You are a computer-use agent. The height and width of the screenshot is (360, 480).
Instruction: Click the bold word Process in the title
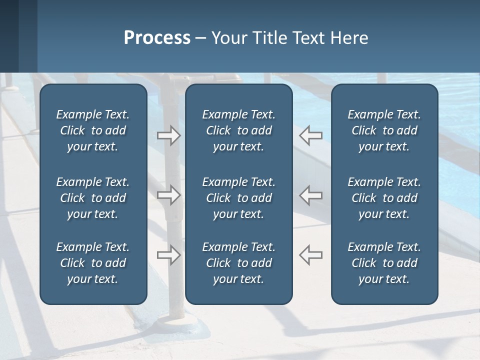157,38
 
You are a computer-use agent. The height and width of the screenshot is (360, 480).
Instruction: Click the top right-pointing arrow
168,135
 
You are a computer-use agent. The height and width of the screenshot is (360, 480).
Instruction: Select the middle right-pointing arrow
168,195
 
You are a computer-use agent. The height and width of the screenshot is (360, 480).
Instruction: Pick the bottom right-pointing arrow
168,254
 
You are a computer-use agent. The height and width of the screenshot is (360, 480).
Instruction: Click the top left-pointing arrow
311,135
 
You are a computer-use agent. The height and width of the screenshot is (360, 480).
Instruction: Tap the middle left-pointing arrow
311,195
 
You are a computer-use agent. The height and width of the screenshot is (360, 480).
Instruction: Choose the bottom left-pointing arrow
311,254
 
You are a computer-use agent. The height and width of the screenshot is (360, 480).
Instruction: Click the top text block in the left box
93,130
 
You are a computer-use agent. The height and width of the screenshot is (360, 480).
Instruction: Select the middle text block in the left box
93,198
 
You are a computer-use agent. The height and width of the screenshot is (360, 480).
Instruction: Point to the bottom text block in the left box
93,263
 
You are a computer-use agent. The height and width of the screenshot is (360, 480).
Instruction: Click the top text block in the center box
238,130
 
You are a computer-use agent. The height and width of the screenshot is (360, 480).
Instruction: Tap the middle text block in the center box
238,198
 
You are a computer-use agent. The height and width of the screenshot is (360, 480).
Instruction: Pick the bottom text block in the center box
238,263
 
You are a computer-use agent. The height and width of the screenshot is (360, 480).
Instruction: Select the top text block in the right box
384,130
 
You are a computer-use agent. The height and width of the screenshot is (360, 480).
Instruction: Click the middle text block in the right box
384,198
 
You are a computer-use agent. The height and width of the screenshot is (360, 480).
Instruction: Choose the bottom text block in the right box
384,263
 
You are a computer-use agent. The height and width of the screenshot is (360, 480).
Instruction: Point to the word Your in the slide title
227,38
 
